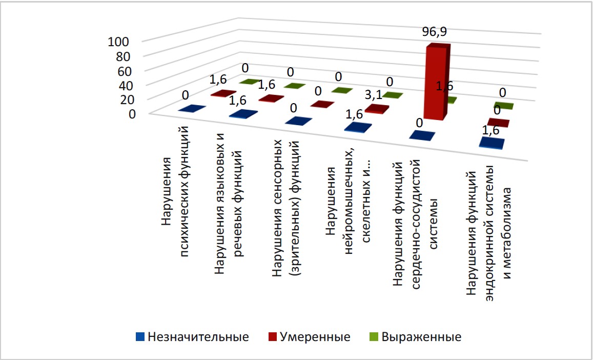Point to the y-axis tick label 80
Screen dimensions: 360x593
[x=123, y=56]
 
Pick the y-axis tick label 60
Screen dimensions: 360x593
[x=123, y=70]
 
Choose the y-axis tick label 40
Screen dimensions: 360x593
[x=123, y=85]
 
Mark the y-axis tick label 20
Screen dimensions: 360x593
[x=123, y=99]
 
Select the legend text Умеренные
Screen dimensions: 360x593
[x=315, y=337]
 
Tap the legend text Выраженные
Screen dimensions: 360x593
[x=422, y=337]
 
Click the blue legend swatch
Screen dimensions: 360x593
[x=139, y=337]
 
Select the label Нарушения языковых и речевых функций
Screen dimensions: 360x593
[x=228, y=205]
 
